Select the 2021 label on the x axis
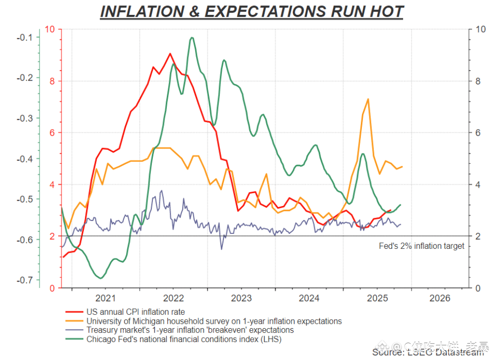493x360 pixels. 105,298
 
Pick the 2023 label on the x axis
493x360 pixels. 241,298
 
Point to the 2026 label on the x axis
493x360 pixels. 439,298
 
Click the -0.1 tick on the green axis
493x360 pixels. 24,38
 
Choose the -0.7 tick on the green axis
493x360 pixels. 24,280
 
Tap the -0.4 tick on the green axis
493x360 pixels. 24,159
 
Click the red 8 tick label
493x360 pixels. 52,81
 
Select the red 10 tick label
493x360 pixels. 50,29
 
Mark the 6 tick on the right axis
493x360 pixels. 478,133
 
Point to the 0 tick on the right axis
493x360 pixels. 478,288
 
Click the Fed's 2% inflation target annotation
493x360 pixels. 422,246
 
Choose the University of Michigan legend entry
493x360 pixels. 214,321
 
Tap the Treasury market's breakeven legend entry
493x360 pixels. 190,330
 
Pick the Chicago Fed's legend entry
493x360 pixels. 184,339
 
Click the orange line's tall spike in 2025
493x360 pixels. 368,99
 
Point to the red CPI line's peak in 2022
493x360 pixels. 170,54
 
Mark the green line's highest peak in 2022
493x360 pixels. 192,38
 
